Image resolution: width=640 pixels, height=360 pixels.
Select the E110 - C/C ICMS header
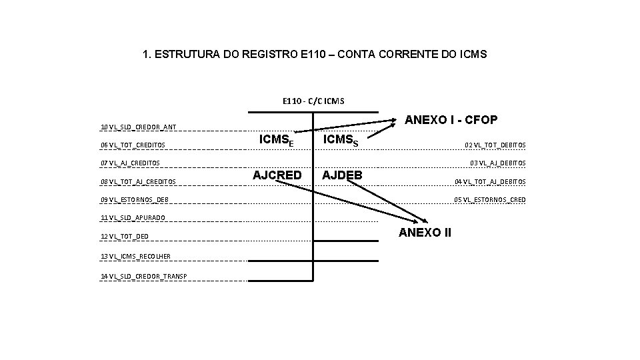[313, 101]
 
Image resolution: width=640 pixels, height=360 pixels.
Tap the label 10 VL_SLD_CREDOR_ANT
[138, 127]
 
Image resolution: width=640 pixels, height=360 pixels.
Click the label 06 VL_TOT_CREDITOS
[133, 145]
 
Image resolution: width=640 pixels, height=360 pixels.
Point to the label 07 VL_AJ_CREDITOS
[130, 163]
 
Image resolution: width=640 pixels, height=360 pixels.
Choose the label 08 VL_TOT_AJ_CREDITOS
[138, 181]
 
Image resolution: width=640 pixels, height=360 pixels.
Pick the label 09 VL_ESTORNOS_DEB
[134, 200]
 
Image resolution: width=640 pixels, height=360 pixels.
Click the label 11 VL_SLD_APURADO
[133, 218]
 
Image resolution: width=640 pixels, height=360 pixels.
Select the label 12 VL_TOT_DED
[124, 236]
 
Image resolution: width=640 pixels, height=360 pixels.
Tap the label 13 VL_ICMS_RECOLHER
[135, 256]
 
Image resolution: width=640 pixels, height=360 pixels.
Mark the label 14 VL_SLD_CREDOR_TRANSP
[143, 276]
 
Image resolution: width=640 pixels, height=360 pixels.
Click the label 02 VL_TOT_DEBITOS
[495, 145]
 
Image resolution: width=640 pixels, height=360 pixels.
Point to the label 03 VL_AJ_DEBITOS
[497, 163]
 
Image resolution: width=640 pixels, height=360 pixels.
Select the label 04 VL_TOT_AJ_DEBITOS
[490, 182]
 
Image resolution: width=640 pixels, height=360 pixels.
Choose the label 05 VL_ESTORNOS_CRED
[489, 200]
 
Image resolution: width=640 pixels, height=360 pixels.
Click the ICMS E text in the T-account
[277, 140]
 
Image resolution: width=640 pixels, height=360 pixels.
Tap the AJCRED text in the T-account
[277, 175]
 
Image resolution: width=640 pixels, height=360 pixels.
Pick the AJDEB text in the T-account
[343, 175]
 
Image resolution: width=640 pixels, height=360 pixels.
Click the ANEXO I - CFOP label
[451, 119]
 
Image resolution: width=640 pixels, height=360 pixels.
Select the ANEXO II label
[425, 232]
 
